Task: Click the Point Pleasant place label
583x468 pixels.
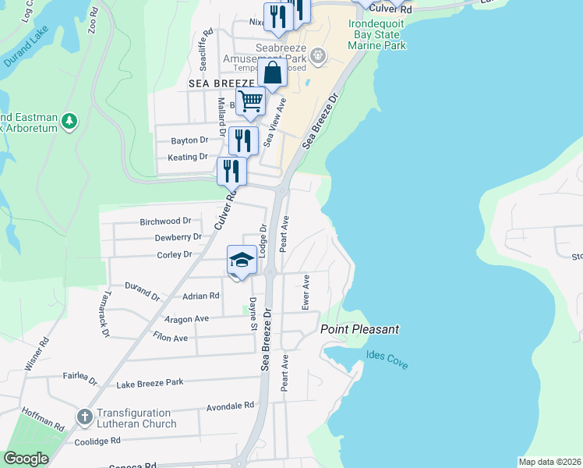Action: (x=359, y=329)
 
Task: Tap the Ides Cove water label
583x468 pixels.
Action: (x=387, y=360)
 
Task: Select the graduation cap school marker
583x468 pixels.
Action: (x=242, y=261)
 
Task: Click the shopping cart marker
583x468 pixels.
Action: (x=250, y=102)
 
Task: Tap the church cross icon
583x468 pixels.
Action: (x=83, y=417)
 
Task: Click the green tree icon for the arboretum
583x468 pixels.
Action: (x=70, y=121)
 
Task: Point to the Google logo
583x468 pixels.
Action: (x=26, y=458)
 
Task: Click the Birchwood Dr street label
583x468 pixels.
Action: (x=165, y=222)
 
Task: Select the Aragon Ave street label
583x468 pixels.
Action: (x=186, y=319)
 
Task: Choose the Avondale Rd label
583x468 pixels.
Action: (x=231, y=406)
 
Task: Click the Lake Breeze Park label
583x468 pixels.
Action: (x=149, y=383)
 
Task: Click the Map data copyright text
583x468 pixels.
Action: (x=549, y=462)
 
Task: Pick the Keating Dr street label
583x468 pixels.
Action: (x=188, y=157)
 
